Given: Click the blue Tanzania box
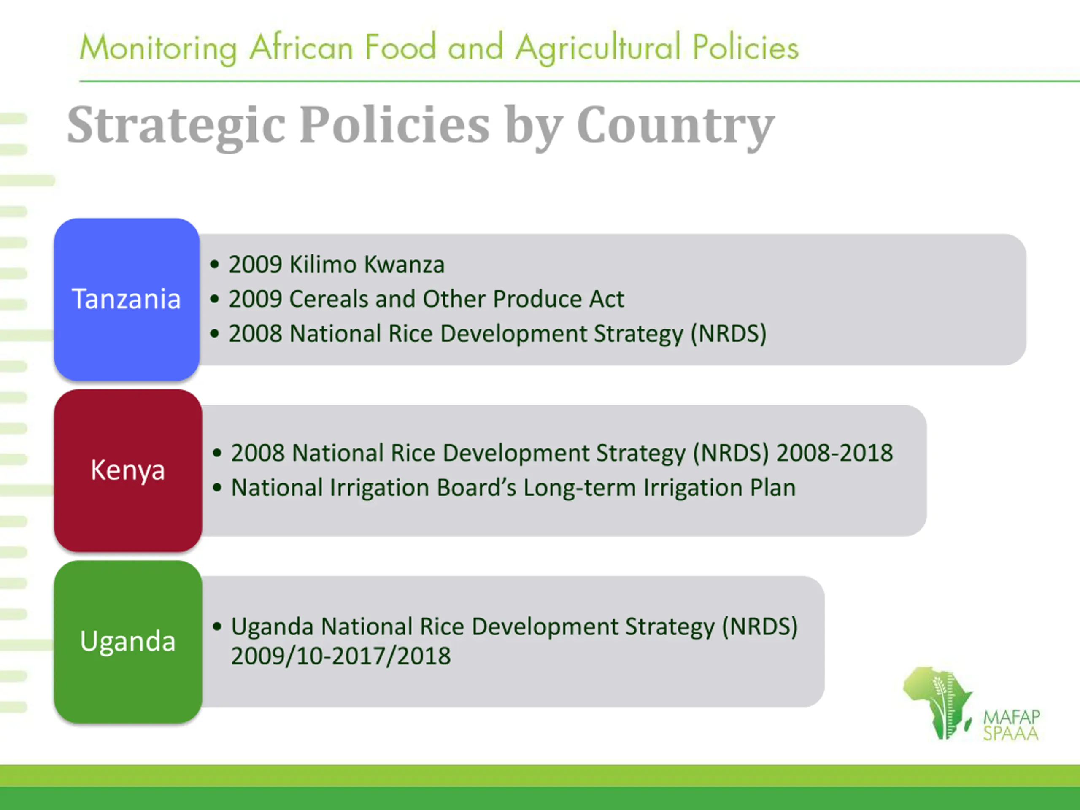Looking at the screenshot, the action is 127,299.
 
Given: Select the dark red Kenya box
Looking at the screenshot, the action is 128,471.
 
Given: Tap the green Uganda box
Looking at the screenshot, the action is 128,642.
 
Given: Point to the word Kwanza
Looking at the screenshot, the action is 404,265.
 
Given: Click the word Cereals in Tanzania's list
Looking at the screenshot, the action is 329,299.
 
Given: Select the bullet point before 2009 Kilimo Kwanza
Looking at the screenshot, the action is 214,265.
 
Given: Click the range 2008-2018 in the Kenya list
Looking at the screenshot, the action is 835,453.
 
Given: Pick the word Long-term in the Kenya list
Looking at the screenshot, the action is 580,487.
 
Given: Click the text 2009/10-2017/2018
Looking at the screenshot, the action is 341,656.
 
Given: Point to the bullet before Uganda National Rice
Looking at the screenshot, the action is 217,626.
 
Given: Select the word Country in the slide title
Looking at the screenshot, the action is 676,127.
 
